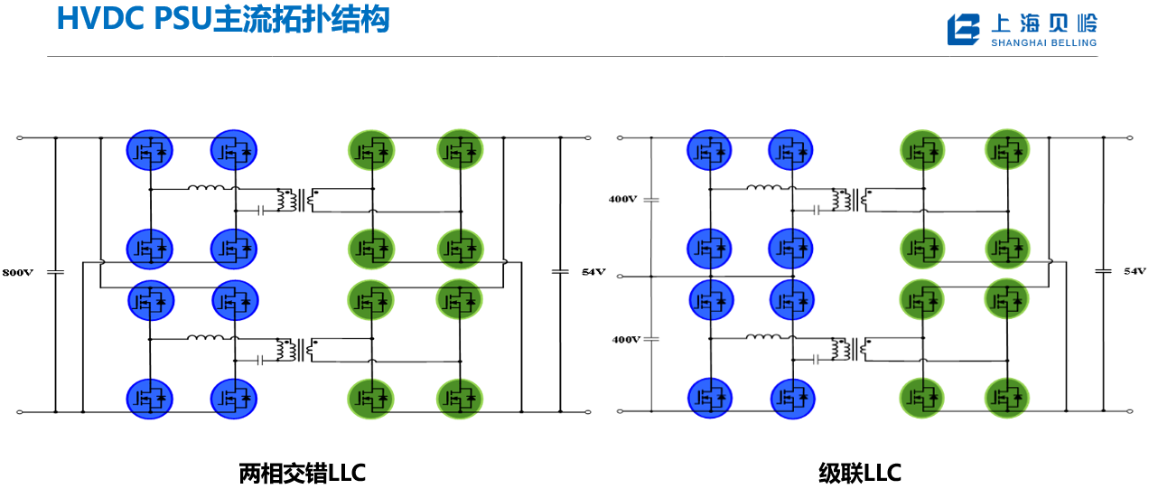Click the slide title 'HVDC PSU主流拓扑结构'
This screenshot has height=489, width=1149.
(x=223, y=19)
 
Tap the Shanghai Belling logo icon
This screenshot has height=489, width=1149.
(x=963, y=29)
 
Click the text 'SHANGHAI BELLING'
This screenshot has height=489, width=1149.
(x=1044, y=43)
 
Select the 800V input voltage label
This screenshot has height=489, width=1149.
(x=17, y=272)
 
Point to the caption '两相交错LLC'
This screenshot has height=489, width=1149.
(x=302, y=473)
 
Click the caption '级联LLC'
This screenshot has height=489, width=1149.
(x=860, y=473)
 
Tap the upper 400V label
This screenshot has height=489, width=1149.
(x=622, y=199)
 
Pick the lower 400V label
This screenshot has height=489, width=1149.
(x=626, y=340)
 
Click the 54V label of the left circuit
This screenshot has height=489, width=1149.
(x=593, y=272)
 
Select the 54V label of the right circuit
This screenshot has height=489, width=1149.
(x=1135, y=271)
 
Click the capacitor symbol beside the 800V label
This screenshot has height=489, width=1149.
(x=55, y=272)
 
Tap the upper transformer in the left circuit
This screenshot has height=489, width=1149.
(x=296, y=200)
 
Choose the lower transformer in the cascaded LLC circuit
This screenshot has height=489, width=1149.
(x=851, y=349)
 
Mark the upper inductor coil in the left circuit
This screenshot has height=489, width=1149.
(x=206, y=188)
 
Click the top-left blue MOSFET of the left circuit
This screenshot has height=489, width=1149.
(x=149, y=150)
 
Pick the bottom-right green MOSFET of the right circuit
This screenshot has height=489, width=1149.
(x=1007, y=398)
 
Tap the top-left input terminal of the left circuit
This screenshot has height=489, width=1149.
(x=20, y=137)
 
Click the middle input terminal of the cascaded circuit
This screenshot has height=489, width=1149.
(x=620, y=277)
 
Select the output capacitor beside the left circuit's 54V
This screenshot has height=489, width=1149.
(x=560, y=271)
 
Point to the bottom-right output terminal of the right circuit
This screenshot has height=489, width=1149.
(x=1129, y=411)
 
